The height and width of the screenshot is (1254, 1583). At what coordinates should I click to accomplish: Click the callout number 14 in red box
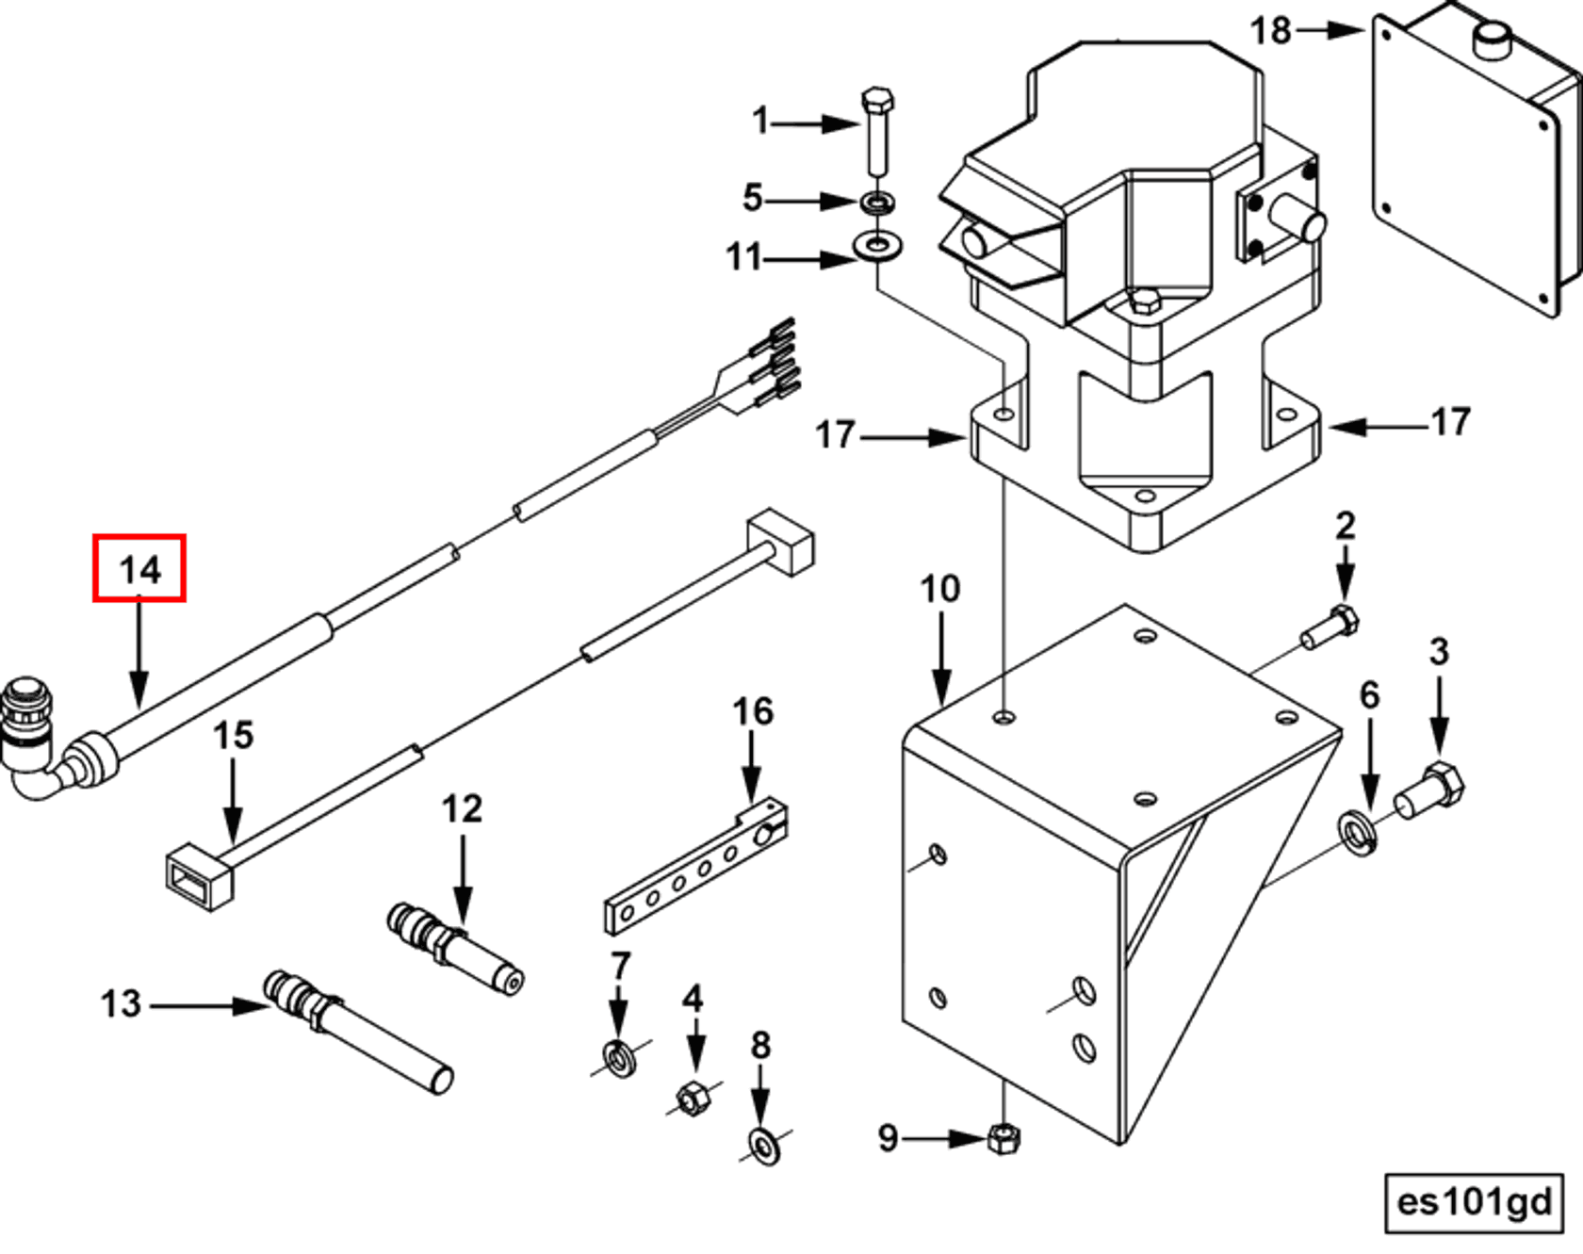pyautogui.click(x=139, y=568)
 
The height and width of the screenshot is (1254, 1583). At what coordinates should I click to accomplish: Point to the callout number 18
pyautogui.click(x=1269, y=30)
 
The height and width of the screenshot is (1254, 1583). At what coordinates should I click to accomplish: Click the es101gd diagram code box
pyautogui.click(x=1474, y=1202)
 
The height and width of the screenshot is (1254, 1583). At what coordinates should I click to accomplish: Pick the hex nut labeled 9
pyautogui.click(x=1004, y=1138)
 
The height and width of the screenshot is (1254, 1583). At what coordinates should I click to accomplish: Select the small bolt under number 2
pyautogui.click(x=1331, y=627)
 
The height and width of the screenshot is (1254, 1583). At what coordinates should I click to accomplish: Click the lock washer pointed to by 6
pyautogui.click(x=1358, y=833)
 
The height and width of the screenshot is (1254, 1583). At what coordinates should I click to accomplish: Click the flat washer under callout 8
pyautogui.click(x=764, y=1147)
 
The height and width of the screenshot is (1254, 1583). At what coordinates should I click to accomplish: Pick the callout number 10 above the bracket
pyautogui.click(x=939, y=589)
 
